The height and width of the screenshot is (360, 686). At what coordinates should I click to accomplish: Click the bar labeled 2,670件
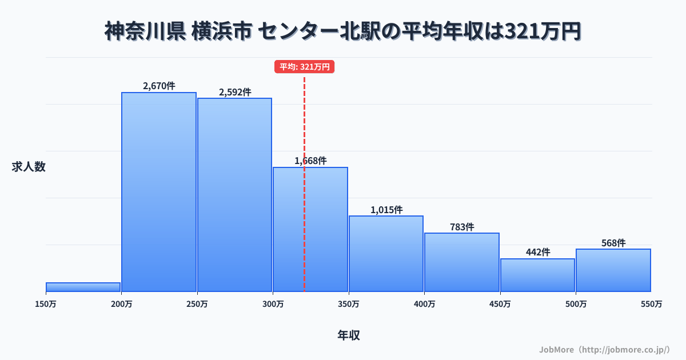click(159, 192)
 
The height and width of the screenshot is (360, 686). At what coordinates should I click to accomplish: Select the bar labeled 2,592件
click(234, 195)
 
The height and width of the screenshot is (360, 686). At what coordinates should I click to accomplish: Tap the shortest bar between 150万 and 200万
click(83, 287)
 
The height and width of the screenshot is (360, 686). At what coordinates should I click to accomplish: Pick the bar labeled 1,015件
click(386, 254)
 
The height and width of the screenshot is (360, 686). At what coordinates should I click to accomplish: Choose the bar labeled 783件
click(462, 262)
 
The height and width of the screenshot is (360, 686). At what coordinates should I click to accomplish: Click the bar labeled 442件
click(537, 275)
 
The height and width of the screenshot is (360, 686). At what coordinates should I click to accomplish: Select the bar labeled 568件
click(613, 270)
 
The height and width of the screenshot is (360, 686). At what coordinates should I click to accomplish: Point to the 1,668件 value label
click(310, 161)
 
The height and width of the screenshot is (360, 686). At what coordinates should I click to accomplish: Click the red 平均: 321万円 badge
click(304, 67)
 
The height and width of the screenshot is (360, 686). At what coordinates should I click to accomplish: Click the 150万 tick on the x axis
click(46, 304)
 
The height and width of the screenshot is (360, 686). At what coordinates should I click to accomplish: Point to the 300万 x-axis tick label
click(273, 304)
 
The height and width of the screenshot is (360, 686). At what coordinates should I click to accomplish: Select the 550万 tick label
click(651, 304)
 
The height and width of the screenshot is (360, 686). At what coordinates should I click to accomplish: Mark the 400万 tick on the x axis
click(424, 304)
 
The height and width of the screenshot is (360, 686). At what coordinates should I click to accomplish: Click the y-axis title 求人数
click(29, 167)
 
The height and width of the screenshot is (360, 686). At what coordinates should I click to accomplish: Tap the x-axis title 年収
click(348, 335)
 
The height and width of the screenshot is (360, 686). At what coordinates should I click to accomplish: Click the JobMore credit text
click(604, 349)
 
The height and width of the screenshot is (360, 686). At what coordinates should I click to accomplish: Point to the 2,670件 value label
click(159, 86)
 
